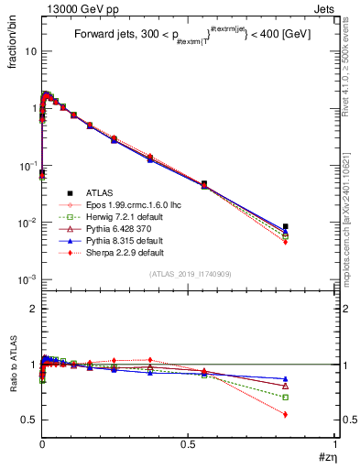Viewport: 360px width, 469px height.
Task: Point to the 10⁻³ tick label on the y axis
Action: click(26, 280)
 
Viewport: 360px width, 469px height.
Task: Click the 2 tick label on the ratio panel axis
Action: click(34, 309)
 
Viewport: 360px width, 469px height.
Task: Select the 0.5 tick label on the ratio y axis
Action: click(30, 420)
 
